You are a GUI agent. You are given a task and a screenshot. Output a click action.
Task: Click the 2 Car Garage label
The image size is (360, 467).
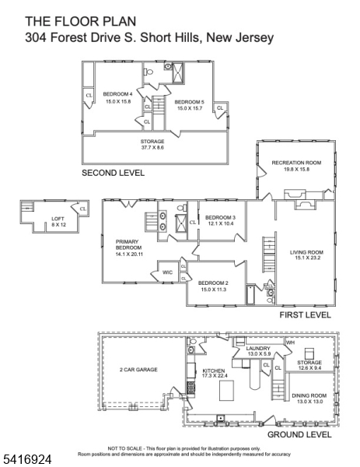pos(138,369)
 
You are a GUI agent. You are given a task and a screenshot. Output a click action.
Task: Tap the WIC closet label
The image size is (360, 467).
pos(167,272)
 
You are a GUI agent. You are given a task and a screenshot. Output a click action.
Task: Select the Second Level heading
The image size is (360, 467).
pos(113,172)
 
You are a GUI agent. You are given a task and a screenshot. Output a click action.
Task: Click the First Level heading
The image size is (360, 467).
pos(305,315)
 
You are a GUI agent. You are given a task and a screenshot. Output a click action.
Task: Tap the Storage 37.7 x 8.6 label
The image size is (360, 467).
pos(152,144)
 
